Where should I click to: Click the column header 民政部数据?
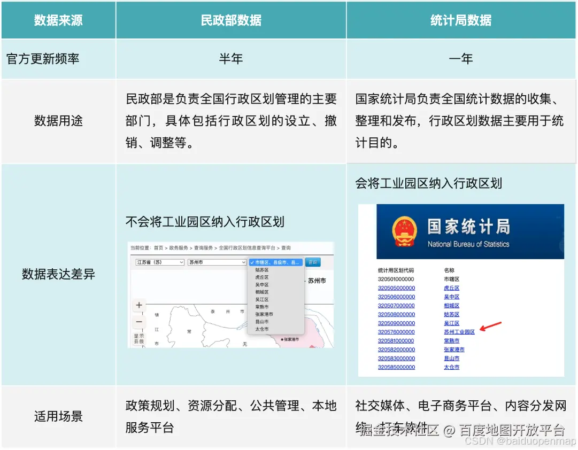231,20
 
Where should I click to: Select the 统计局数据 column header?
461,20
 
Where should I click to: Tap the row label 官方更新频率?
43,59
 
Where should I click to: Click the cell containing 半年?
231,59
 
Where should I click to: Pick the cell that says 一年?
461,59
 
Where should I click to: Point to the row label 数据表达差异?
58,275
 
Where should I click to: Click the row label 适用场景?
58,416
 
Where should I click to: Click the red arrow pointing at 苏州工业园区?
490,326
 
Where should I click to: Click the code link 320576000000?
396,332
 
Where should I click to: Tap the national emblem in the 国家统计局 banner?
404,231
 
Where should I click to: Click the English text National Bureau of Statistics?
468,244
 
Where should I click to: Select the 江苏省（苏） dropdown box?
159,262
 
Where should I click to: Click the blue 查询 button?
313,262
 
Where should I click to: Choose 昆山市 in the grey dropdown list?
262,322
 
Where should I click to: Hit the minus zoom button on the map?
139,322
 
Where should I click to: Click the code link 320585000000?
396,367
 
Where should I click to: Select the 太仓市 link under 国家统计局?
451,367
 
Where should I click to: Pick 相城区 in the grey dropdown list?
262,292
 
